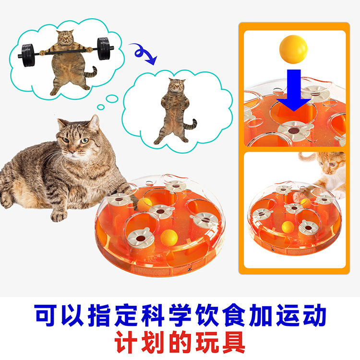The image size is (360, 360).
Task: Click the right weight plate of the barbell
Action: tap(104, 48)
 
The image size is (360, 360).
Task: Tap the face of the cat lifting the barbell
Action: tap(65, 38)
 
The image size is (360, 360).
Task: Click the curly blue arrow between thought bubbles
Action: tap(143, 54)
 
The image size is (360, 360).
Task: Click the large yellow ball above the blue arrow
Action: tap(293, 49)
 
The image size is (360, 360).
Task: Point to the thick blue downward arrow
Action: tap(294, 90)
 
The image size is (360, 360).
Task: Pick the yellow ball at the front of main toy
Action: tap(169, 238)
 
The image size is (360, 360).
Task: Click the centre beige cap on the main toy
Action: tap(161, 211)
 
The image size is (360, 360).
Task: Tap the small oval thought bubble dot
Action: tap(112, 98)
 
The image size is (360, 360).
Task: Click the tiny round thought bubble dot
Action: tap(101, 107)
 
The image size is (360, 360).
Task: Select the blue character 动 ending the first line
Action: tap(314, 315)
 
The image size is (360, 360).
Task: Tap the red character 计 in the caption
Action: tap(126, 342)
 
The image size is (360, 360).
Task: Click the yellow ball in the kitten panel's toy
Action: tap(288, 227)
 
